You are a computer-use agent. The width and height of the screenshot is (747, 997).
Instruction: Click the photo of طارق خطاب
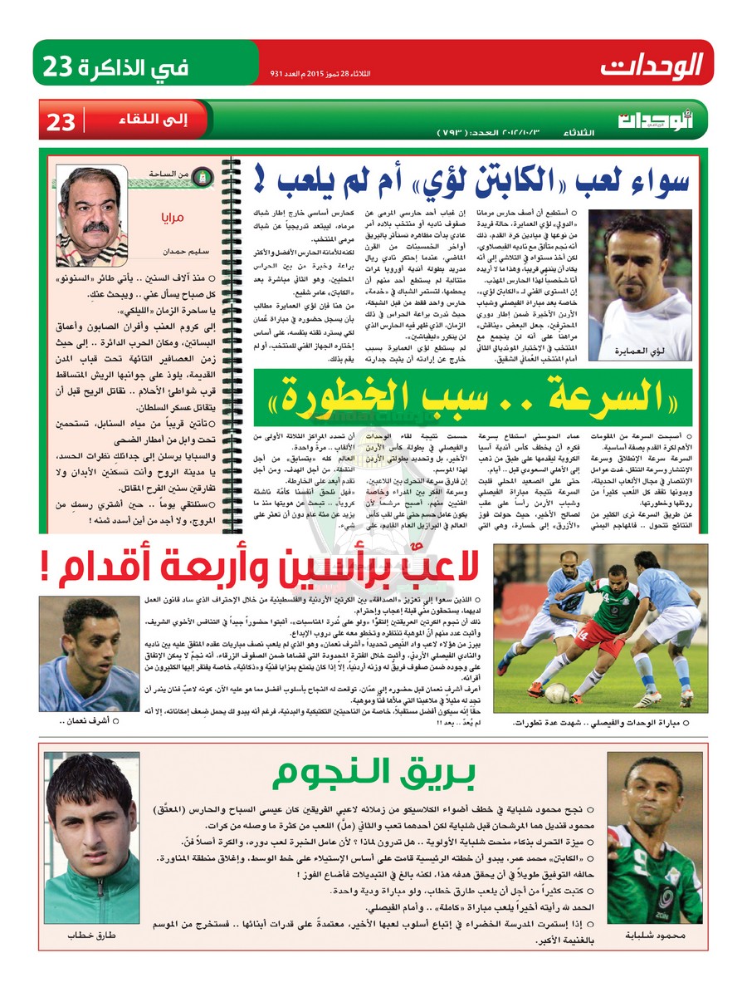91,839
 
